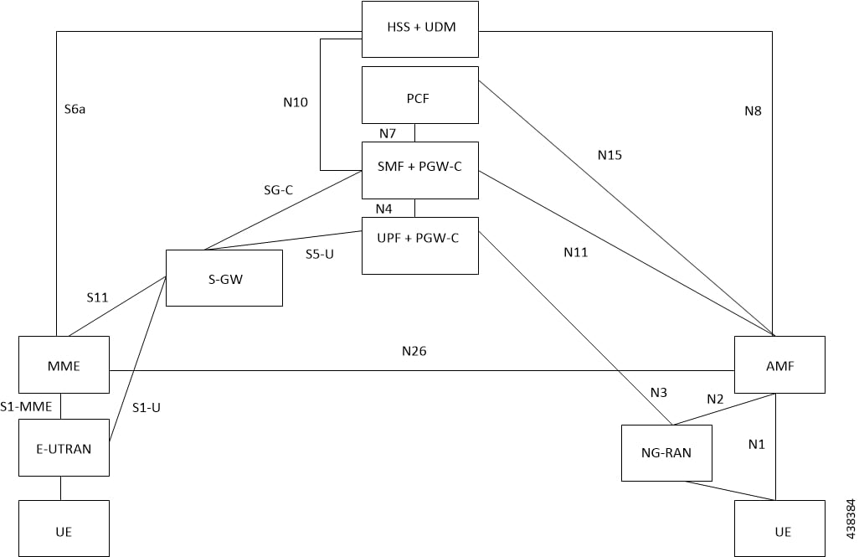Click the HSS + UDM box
(x=419, y=29)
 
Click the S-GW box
(x=224, y=278)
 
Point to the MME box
(x=64, y=364)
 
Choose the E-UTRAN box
(x=64, y=447)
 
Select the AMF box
(x=779, y=364)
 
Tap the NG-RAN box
(x=666, y=452)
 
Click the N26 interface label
(x=414, y=351)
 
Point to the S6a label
(x=75, y=109)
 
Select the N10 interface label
(x=296, y=103)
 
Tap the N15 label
(x=610, y=155)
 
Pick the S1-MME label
(x=26, y=407)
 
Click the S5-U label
(x=320, y=254)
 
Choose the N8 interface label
(x=753, y=110)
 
